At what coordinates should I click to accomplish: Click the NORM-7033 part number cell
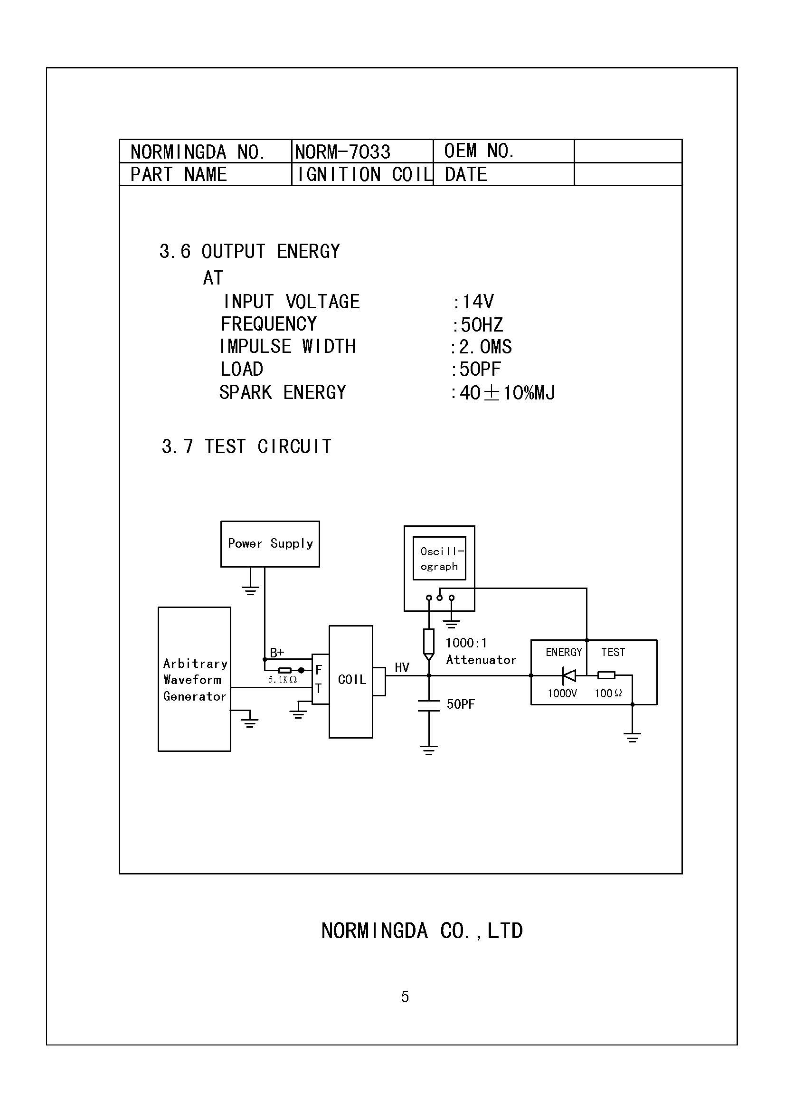(x=342, y=152)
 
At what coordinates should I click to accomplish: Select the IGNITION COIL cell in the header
(x=364, y=175)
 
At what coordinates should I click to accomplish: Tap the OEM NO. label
(x=478, y=152)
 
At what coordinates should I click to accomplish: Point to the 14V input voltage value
(x=477, y=302)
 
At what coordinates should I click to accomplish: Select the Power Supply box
(x=270, y=543)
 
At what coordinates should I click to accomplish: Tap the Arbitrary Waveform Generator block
(x=194, y=679)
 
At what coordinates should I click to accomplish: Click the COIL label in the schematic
(x=351, y=680)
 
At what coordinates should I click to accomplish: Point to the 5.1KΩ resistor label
(x=283, y=680)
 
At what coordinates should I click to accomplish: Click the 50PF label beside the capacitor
(x=461, y=704)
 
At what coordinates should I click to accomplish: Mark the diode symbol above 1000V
(x=569, y=674)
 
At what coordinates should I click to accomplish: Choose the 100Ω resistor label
(x=608, y=693)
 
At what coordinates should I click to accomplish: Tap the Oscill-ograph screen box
(x=439, y=559)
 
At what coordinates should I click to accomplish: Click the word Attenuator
(x=481, y=660)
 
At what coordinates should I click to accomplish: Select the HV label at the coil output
(x=402, y=668)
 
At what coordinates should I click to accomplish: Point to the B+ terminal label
(x=277, y=653)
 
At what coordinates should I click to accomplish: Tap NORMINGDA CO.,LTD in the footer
(x=422, y=931)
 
